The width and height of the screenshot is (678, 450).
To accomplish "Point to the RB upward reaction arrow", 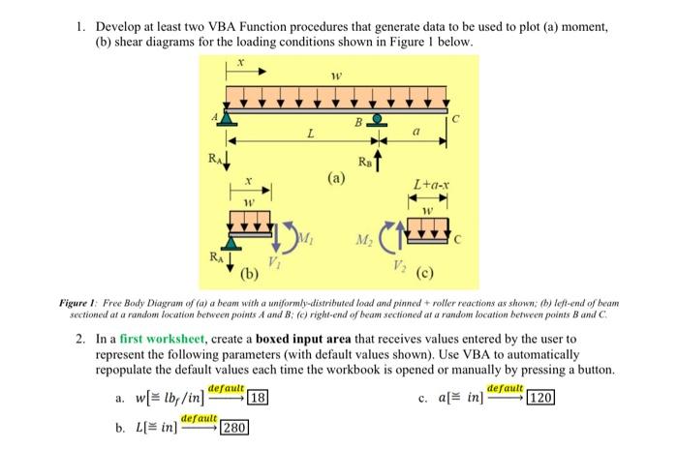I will coord(381,155).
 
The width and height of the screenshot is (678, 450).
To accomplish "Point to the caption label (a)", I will coord(335,178).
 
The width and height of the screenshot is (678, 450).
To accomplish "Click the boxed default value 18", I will coord(258,398).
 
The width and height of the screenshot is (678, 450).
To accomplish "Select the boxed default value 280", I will coord(235,427).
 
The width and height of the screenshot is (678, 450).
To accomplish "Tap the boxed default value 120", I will coord(539,398).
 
